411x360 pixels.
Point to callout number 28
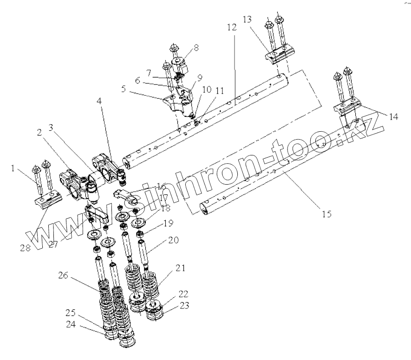[25, 248]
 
